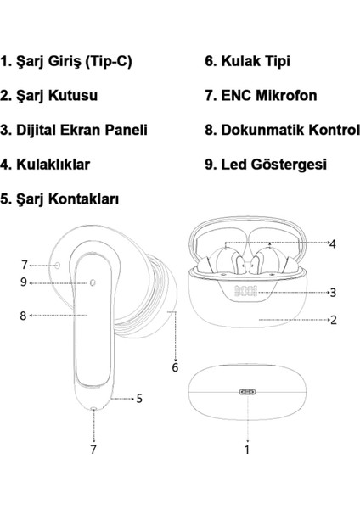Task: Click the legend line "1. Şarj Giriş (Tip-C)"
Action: click(66, 62)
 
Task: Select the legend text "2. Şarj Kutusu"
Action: click(48, 96)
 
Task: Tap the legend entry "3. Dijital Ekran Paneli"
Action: click(74, 130)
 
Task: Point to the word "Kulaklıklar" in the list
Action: click(53, 165)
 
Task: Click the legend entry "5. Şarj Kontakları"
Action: click(59, 199)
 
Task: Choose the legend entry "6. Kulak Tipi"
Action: click(247, 61)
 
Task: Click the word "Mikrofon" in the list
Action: click(286, 95)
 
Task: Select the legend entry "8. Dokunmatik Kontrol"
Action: click(283, 130)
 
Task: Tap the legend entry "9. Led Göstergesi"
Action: click(266, 165)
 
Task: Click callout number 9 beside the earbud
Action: click(24, 282)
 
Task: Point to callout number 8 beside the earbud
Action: click(23, 316)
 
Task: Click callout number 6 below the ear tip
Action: click(175, 367)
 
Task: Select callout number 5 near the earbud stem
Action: click(139, 399)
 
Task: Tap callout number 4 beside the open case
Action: click(332, 243)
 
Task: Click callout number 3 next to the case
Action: click(333, 293)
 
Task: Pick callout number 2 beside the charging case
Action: click(334, 320)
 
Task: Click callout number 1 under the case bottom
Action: click(247, 450)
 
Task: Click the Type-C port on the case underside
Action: click(247, 392)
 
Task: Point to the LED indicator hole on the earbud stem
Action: click(93, 282)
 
